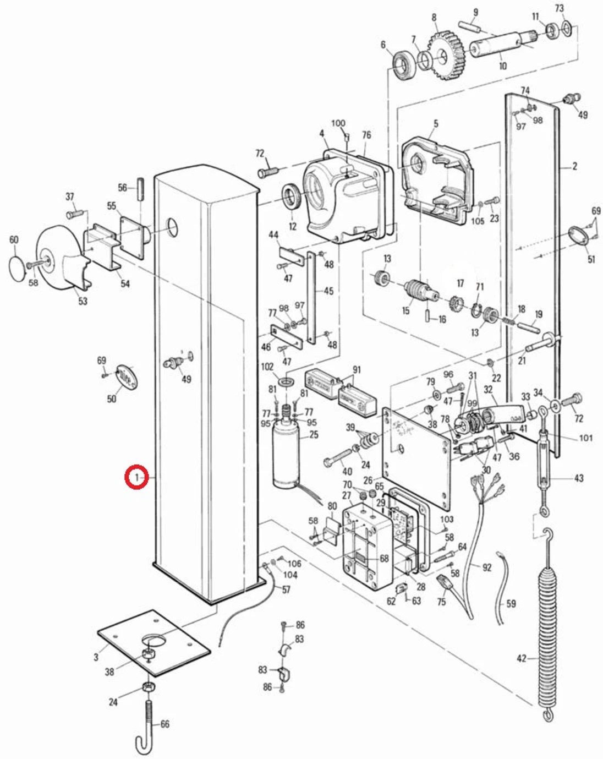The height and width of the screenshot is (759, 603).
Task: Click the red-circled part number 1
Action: click(136, 477)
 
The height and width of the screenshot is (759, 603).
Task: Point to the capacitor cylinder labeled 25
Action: click(286, 454)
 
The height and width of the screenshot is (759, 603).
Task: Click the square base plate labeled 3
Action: click(154, 644)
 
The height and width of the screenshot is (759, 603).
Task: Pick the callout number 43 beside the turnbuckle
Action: click(578, 478)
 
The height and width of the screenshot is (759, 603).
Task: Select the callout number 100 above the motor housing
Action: click(338, 123)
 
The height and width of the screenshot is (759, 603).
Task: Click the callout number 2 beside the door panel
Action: click(574, 166)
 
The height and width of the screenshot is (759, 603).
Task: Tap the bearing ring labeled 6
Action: click(404, 64)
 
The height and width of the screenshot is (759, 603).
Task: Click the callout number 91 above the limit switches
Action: click(357, 369)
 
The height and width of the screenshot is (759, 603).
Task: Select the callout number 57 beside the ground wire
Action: click(286, 589)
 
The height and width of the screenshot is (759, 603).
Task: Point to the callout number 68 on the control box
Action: click(384, 559)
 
